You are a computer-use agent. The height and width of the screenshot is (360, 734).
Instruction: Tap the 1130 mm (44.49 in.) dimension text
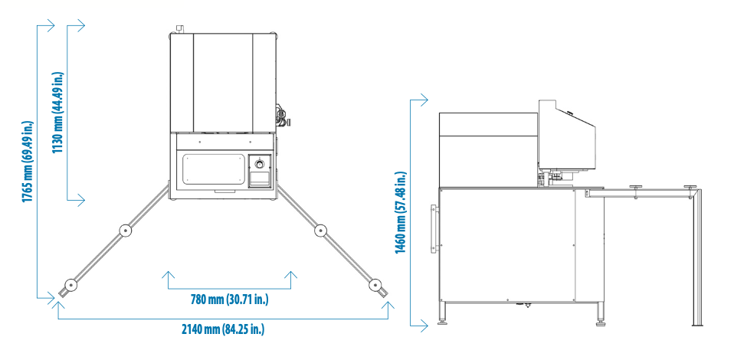click(58, 113)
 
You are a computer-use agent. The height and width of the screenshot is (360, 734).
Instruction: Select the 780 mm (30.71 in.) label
click(229, 299)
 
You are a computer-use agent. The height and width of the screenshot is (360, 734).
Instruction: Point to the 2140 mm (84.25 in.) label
click(223, 329)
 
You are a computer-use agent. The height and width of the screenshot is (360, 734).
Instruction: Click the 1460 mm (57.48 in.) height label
click(401, 213)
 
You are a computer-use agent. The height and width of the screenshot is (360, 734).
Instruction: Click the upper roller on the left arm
click(125, 231)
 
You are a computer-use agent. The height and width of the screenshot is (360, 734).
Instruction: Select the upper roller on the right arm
click(321, 230)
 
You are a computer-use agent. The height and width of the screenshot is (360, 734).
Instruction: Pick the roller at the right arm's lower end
click(375, 284)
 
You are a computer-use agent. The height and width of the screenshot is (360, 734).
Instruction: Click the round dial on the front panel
click(260, 164)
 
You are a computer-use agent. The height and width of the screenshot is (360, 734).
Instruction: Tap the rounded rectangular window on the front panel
click(214, 169)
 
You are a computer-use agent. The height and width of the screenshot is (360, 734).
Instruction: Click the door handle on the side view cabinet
click(434, 228)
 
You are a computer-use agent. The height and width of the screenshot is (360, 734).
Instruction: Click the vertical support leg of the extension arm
click(697, 257)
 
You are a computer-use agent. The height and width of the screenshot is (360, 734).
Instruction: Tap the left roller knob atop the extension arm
click(636, 187)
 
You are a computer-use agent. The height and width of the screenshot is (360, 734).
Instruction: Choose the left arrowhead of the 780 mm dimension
click(168, 275)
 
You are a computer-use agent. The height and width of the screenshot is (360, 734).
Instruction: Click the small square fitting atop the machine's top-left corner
click(179, 29)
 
